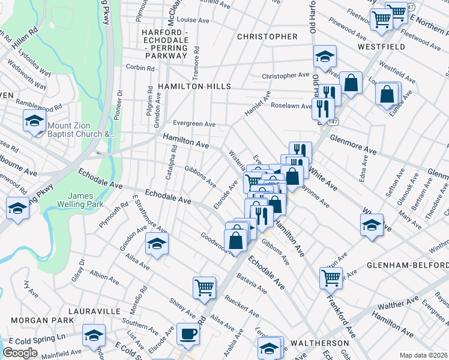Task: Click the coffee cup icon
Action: (x=188, y=335)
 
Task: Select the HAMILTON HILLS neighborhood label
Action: (x=194, y=87)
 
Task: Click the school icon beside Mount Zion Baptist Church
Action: (x=34, y=122)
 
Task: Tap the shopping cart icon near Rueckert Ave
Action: (x=204, y=288)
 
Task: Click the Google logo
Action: (x=20, y=353)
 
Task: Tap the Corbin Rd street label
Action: (x=140, y=68)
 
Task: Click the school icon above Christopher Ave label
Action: (x=324, y=57)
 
